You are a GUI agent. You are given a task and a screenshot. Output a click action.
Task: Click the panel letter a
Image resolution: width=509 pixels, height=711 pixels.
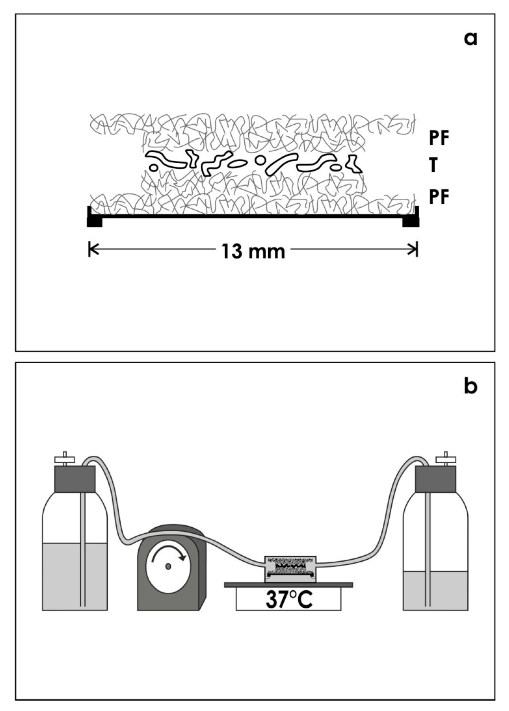[x=471, y=39]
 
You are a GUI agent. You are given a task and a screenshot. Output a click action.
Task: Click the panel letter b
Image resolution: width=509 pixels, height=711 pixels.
[x=471, y=386]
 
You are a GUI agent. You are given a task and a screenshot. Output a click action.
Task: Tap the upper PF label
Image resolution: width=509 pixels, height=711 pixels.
[x=439, y=138]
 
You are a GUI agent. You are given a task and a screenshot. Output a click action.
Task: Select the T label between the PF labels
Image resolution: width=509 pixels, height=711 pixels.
[x=433, y=166]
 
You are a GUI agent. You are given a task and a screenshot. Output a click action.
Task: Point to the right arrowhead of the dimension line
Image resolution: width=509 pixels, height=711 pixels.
[x=414, y=250]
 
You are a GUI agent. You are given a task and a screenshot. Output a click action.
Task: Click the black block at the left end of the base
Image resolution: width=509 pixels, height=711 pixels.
[x=95, y=220]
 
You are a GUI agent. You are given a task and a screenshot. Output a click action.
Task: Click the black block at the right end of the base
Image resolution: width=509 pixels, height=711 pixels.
[x=411, y=220]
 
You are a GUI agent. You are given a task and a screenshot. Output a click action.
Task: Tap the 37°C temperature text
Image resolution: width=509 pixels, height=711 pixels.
[x=289, y=600]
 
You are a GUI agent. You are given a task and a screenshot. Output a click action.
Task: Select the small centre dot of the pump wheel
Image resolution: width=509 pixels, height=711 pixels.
[x=168, y=567]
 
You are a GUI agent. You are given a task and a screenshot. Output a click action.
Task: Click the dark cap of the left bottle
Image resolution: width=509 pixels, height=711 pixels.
[x=75, y=479]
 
